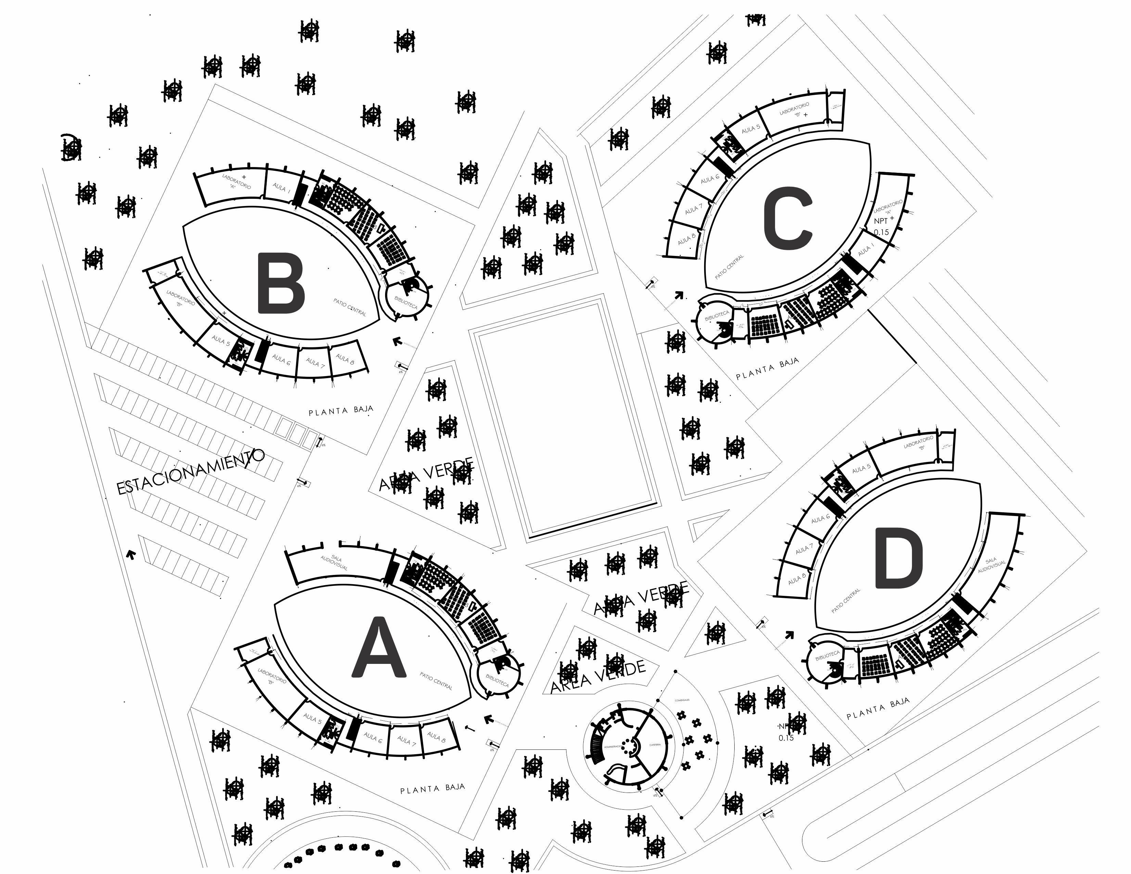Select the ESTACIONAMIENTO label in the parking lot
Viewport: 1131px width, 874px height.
coord(191,472)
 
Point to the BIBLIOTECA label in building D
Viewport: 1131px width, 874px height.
coord(827,656)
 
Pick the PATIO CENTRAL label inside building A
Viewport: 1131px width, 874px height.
coord(436,681)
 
